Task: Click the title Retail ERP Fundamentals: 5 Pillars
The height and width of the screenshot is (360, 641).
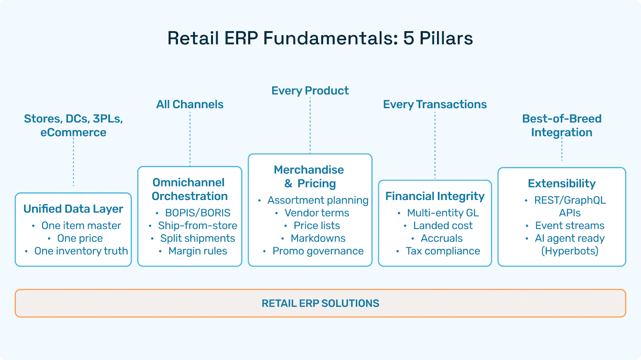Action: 320,38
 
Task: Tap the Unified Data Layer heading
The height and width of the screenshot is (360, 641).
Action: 73,209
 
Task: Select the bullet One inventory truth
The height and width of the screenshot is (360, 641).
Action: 81,251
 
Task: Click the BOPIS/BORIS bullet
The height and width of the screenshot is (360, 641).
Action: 198,213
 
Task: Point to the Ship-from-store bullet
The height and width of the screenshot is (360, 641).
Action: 198,226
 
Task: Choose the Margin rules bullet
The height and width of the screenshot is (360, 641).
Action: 198,251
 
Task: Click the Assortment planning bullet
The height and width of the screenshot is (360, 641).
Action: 318,200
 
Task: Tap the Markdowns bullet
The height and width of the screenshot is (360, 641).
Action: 318,238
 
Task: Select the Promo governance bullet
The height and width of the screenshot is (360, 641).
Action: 318,251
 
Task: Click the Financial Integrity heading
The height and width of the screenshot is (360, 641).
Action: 435,196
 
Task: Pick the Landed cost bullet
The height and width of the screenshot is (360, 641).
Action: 443,226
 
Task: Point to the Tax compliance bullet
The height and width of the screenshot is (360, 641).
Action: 443,251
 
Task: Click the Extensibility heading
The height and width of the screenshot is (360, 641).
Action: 562,184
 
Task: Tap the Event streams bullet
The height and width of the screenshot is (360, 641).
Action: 569,226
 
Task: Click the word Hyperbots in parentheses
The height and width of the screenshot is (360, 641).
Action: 570,251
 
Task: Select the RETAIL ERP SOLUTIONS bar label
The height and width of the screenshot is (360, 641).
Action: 320,303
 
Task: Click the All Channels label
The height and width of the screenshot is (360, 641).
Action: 189,105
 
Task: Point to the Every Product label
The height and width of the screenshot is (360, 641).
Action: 310,91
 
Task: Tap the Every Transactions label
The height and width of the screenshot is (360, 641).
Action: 435,105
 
